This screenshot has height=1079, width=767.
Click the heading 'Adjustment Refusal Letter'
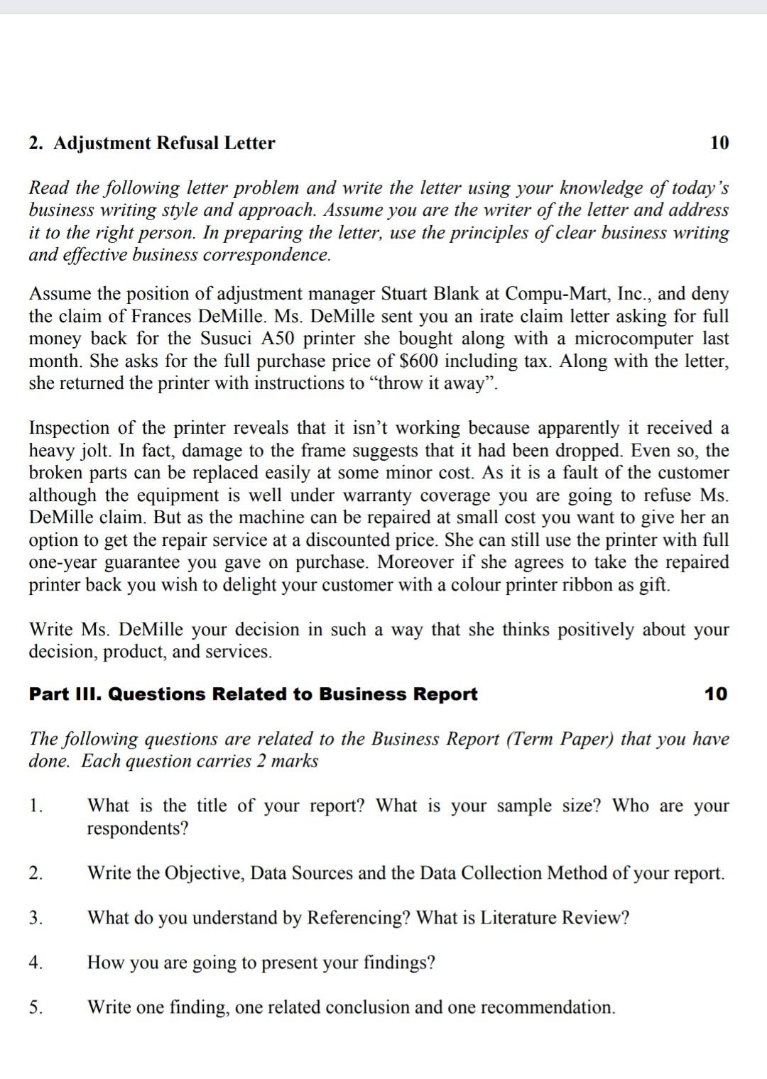(x=164, y=143)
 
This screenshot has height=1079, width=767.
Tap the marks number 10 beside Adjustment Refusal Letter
(x=719, y=143)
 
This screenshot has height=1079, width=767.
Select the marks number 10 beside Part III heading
(x=716, y=694)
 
